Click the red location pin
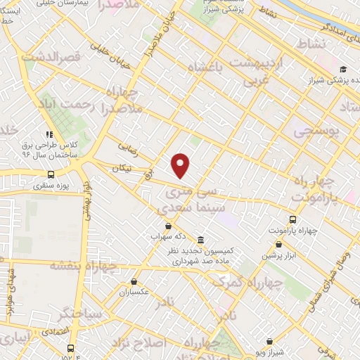tap(181, 165)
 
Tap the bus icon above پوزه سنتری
tap(51, 175)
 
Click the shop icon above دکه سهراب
tap(167, 226)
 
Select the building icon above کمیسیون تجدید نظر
tap(201, 239)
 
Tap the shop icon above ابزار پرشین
tap(279, 244)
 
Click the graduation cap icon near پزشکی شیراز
tap(342, 69)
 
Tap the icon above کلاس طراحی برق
tap(49, 134)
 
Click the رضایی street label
tap(127, 148)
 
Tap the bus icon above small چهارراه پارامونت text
tap(293, 219)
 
